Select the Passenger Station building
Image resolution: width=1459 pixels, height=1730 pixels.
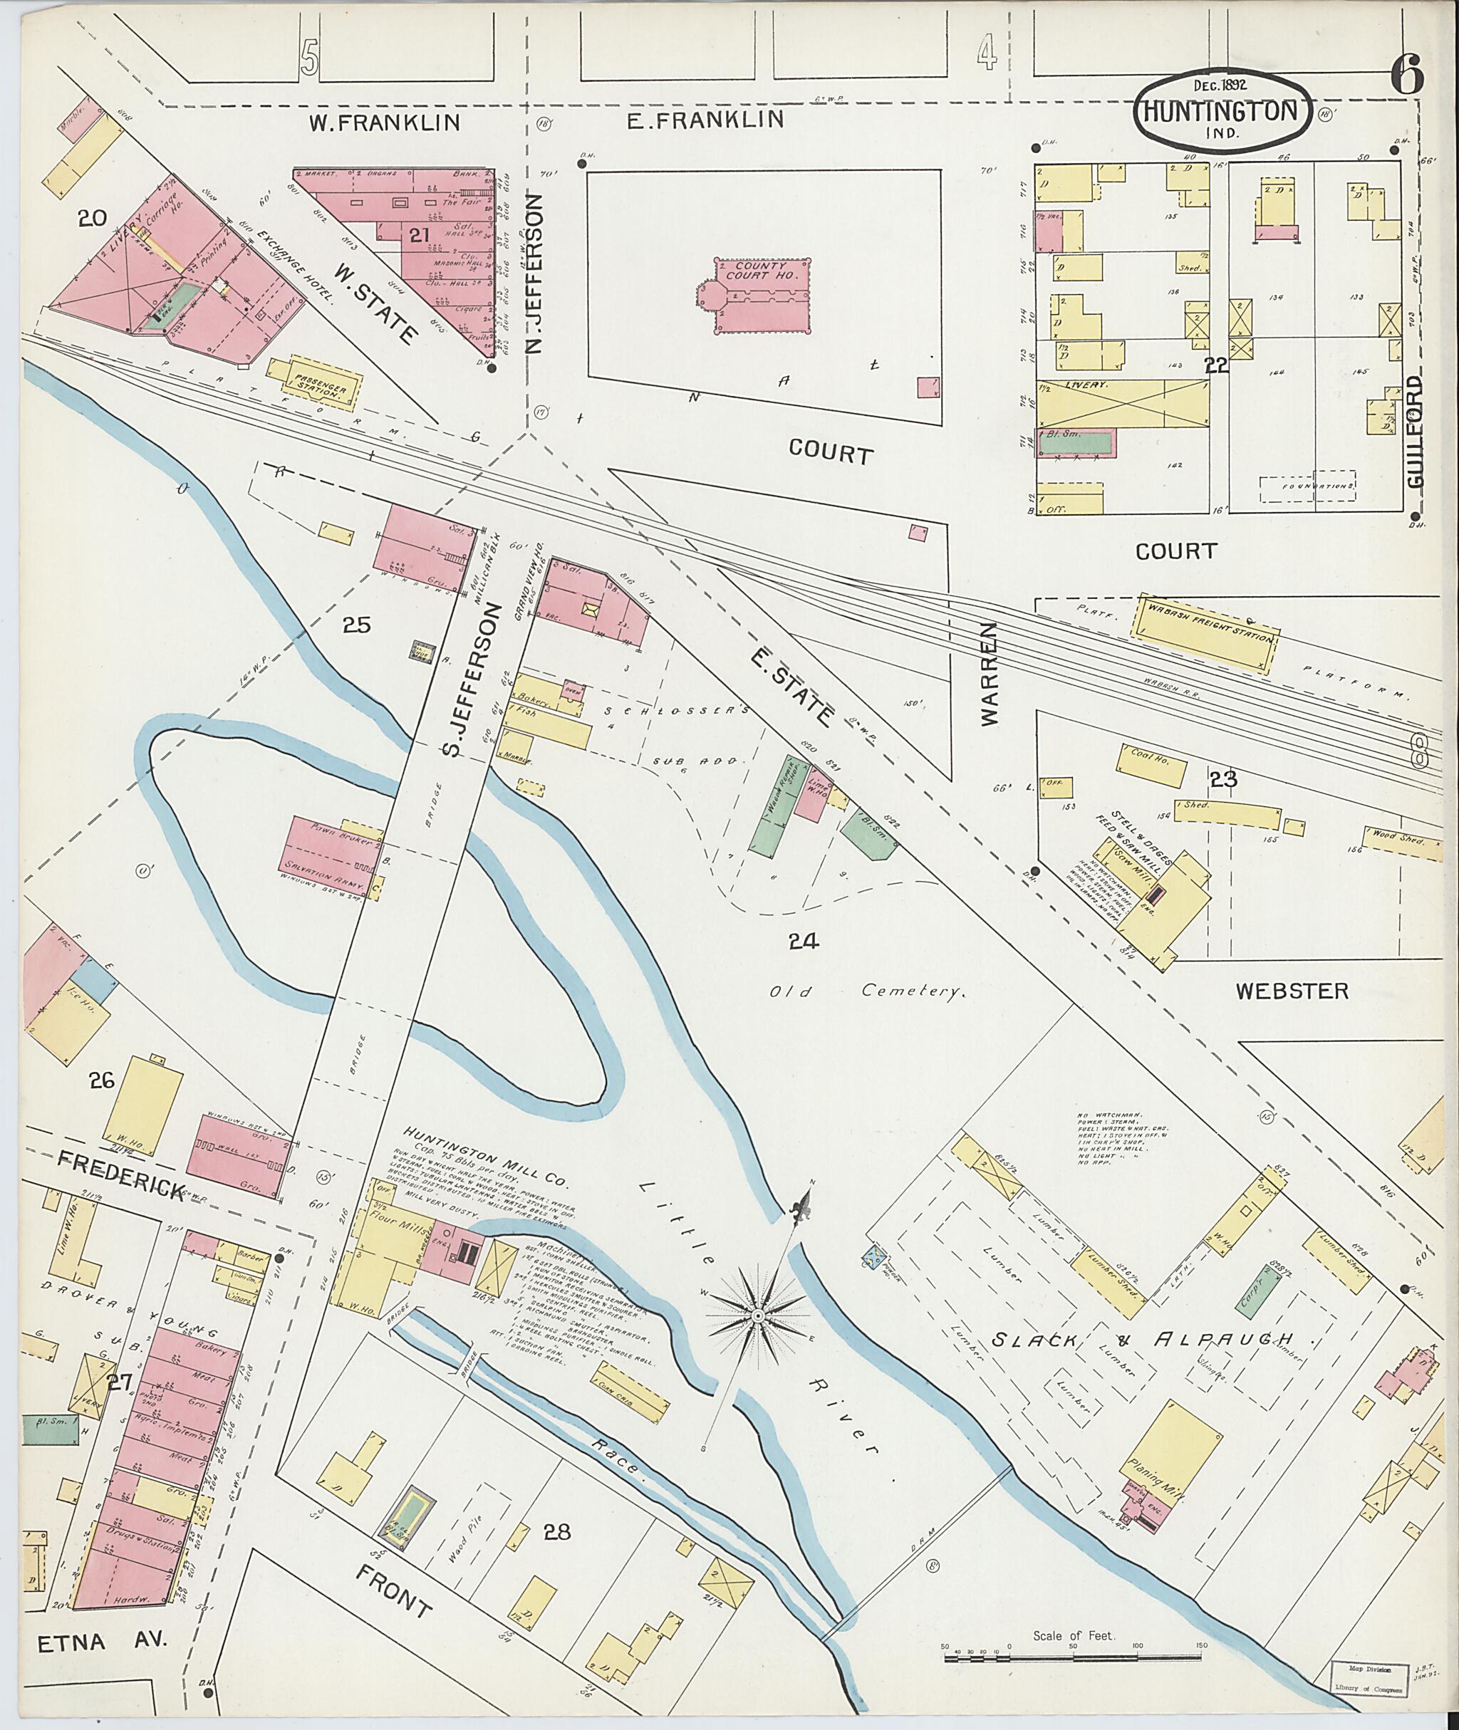(x=323, y=382)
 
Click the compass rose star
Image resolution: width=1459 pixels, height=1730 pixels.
(x=757, y=1314)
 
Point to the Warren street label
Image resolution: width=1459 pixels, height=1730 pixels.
(x=991, y=674)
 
